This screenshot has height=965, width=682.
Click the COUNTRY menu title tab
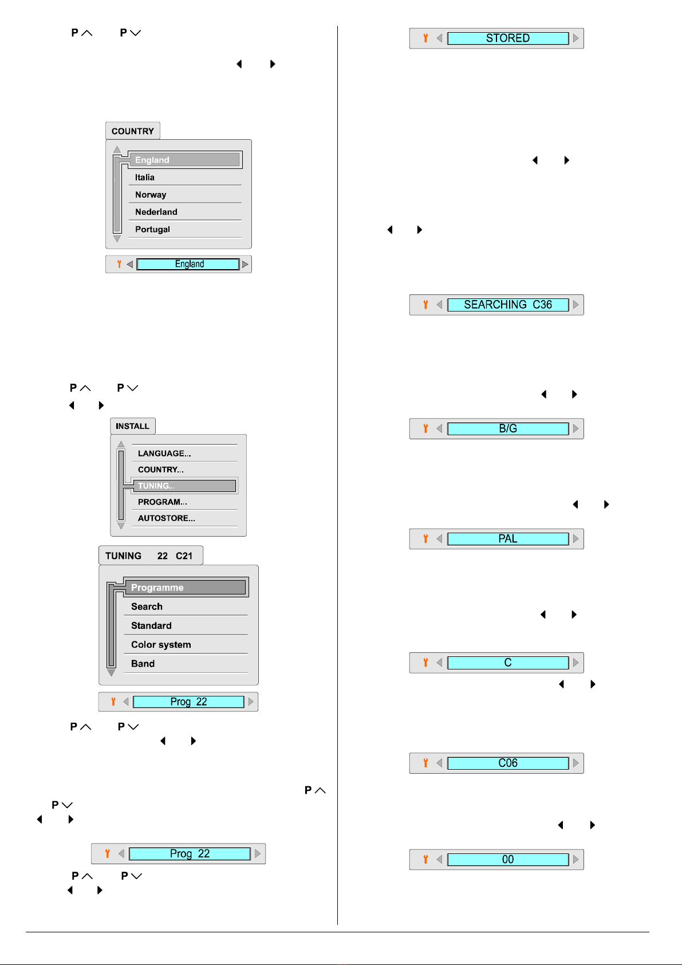(x=133, y=131)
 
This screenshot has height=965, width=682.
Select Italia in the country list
(x=145, y=177)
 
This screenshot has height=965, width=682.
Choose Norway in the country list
(x=151, y=194)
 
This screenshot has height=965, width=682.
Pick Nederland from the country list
(x=156, y=211)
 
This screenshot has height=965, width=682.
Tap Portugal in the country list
(x=152, y=229)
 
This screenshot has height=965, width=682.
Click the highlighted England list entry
(x=185, y=160)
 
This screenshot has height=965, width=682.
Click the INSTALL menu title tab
(x=133, y=426)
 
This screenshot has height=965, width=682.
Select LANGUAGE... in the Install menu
(x=164, y=453)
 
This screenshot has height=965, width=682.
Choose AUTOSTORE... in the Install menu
(x=166, y=518)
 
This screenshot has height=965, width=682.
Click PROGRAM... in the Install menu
(x=163, y=502)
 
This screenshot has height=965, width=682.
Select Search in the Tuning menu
(x=147, y=606)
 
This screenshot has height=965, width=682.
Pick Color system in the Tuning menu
(x=161, y=644)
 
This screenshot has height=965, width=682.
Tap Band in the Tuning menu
(x=143, y=663)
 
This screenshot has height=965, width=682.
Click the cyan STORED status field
(x=508, y=38)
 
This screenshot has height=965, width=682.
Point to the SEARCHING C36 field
(x=508, y=305)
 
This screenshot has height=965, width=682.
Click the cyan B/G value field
(x=508, y=428)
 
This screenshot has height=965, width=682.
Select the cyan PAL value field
(x=508, y=539)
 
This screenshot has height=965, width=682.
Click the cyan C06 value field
(x=508, y=763)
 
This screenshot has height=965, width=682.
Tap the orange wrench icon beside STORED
(x=425, y=38)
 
